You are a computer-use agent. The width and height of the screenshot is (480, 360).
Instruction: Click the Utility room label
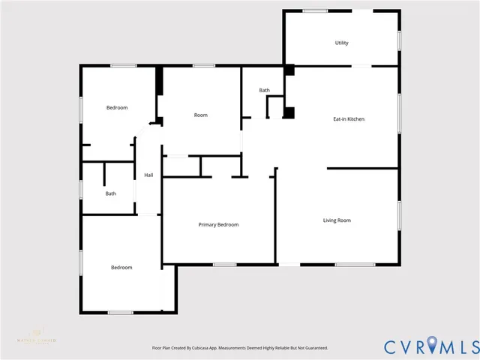(x=341, y=43)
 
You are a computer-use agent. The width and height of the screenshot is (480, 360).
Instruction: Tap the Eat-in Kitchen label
(x=349, y=118)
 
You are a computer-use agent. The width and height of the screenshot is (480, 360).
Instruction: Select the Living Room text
(x=337, y=220)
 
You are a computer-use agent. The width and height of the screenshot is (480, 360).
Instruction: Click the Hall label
(x=148, y=175)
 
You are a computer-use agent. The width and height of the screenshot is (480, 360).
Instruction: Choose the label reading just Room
(x=200, y=115)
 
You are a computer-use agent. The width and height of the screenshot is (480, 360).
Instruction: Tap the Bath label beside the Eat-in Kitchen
(x=264, y=90)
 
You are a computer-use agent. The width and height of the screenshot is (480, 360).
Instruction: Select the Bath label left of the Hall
(x=110, y=193)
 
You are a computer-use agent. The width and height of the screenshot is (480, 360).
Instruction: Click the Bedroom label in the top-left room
(x=116, y=107)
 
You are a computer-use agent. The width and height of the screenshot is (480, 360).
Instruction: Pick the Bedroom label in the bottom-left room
(x=121, y=267)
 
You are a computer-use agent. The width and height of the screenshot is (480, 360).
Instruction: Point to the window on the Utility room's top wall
(x=315, y=10)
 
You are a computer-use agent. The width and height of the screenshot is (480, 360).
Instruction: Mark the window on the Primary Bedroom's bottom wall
(x=224, y=264)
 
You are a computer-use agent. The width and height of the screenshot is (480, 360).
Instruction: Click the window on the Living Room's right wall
(x=399, y=214)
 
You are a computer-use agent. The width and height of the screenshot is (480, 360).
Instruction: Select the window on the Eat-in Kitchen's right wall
(x=399, y=109)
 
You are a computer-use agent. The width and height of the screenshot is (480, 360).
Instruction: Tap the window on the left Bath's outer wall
(x=81, y=189)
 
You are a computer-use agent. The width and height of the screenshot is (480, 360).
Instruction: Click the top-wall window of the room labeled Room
(x=203, y=66)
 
